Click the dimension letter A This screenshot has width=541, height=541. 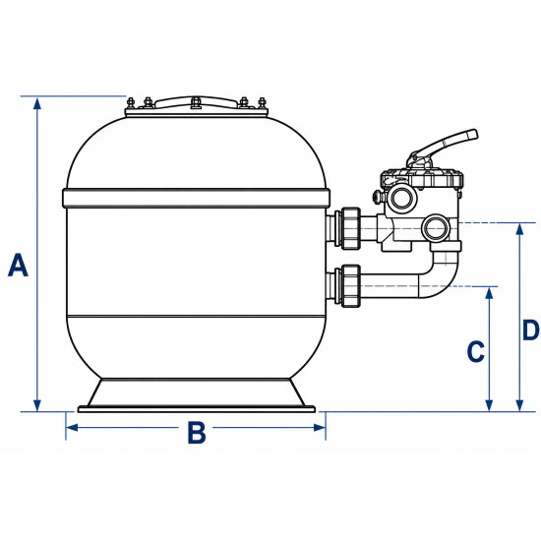18,265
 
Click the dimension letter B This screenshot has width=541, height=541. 197,432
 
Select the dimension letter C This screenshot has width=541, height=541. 475,351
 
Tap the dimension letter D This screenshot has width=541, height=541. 530,330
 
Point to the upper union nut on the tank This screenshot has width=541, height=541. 351,228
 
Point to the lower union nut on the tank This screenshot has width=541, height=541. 351,285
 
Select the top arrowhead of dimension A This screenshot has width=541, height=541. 37,103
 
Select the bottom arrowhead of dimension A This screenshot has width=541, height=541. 37,405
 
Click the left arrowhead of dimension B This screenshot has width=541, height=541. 72,428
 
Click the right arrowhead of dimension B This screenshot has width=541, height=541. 319,428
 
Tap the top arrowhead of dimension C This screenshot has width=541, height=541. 489,293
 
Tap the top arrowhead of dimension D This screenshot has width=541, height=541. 519,229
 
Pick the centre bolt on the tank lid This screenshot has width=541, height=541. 196,102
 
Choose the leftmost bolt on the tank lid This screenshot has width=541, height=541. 131,103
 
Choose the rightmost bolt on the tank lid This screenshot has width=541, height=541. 262,103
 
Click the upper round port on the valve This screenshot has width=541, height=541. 401,197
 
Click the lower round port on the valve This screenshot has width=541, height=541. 436,229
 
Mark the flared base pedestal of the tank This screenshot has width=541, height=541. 197,395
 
